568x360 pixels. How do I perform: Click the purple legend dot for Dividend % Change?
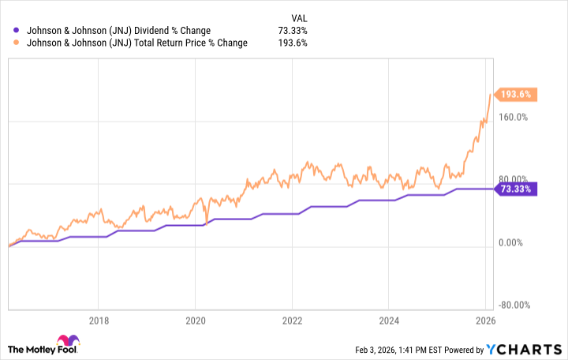17,31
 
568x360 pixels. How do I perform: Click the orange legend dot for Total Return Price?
17,43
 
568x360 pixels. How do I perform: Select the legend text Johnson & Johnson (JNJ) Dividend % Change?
118,31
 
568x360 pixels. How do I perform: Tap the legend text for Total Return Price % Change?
136,43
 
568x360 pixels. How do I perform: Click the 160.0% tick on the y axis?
514,117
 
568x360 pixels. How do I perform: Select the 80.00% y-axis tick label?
514,180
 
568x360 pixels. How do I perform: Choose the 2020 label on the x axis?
195,321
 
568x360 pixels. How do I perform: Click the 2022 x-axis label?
292,321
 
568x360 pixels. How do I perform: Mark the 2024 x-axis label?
389,321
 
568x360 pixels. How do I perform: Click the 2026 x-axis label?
485,321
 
